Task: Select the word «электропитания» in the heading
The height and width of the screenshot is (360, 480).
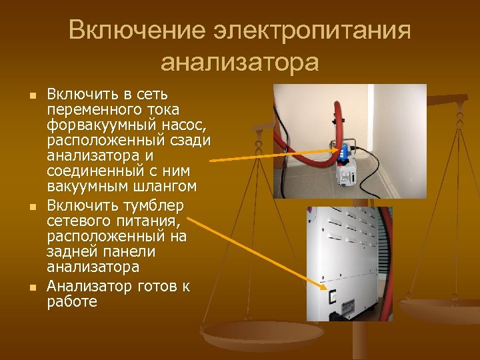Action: (313, 31)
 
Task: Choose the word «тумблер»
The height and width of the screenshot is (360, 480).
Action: (151, 204)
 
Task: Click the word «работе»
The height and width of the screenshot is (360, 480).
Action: (72, 301)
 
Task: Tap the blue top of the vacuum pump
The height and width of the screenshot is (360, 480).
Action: (345, 152)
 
